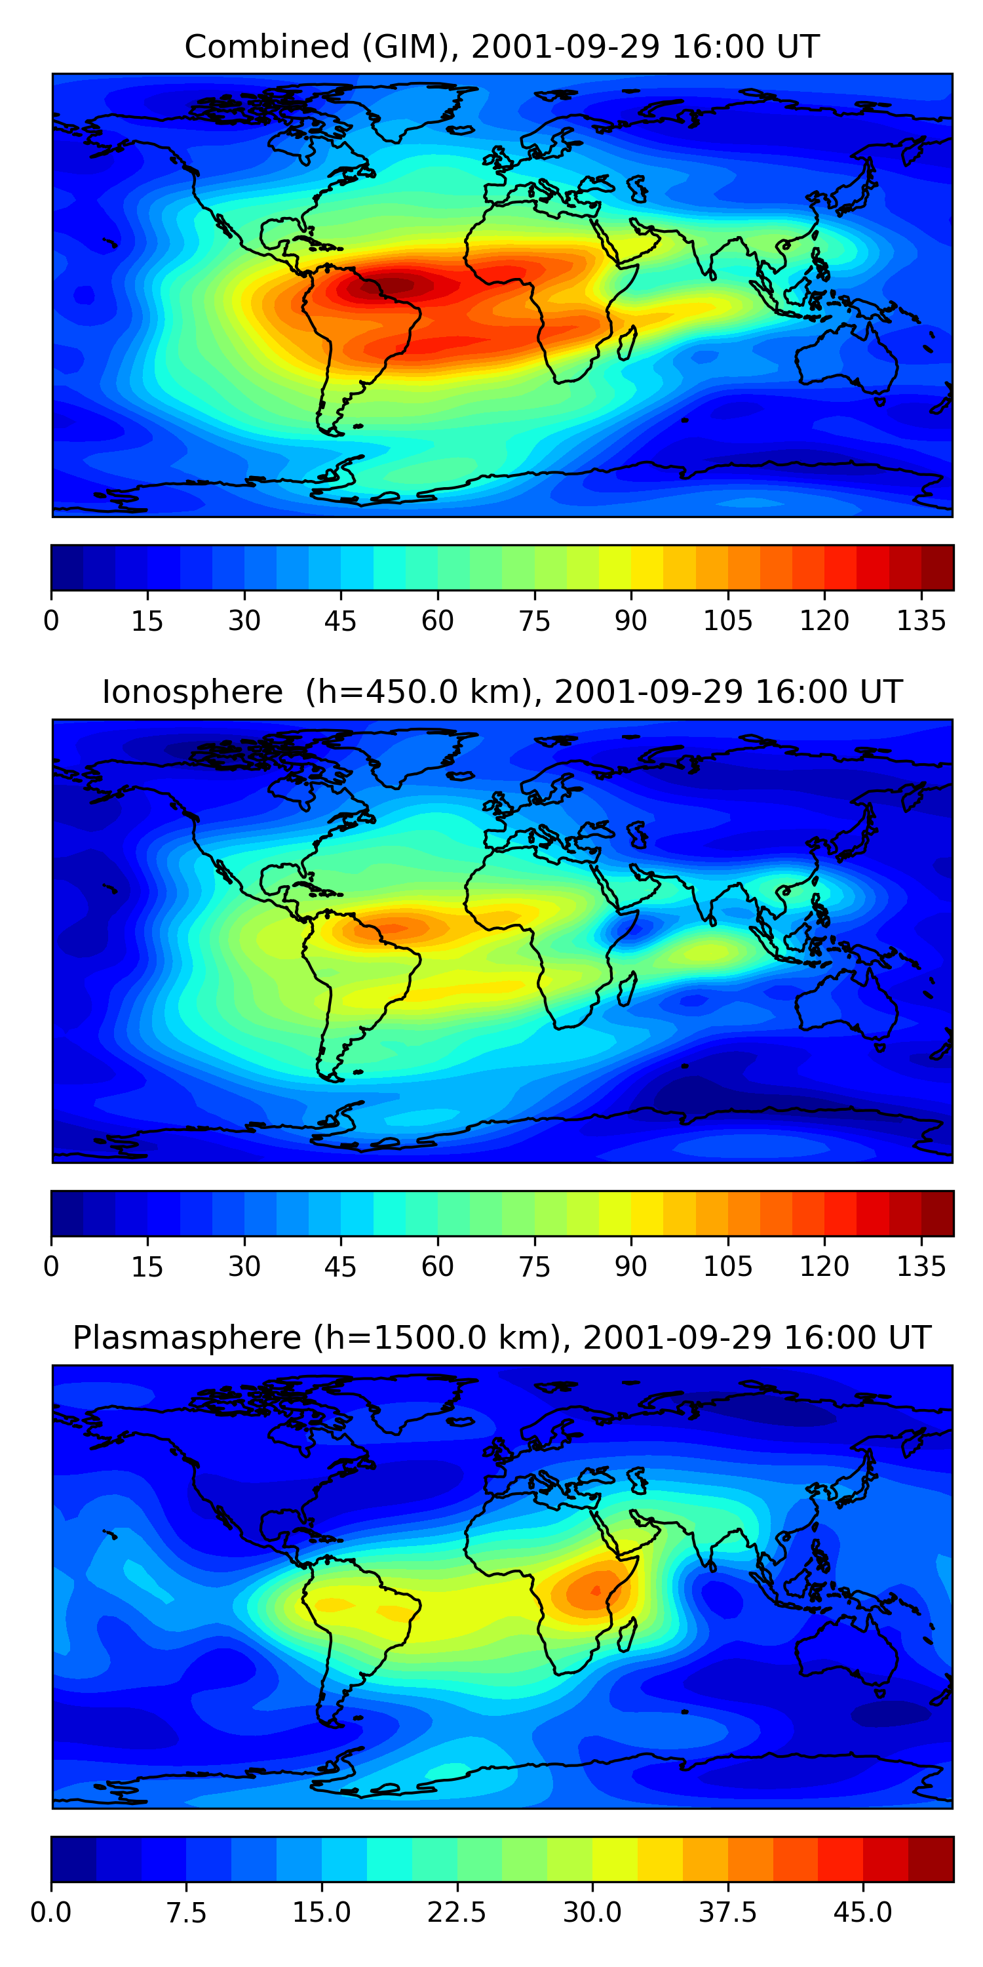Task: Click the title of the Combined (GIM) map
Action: (x=501, y=47)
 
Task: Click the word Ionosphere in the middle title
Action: (x=192, y=692)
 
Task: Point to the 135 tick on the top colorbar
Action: (x=921, y=620)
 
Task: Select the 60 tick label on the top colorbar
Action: (x=437, y=620)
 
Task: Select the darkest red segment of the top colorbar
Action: (x=937, y=567)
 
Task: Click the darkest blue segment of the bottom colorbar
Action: (x=73, y=1859)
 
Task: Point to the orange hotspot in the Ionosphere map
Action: (x=393, y=928)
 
